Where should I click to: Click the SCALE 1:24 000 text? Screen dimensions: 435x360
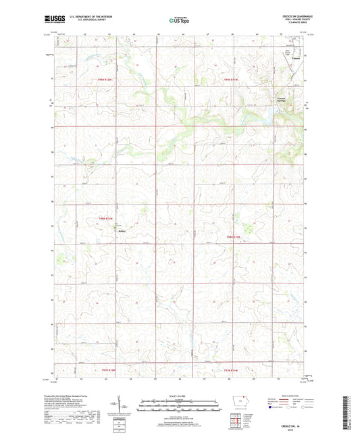pyautogui.click(x=180, y=396)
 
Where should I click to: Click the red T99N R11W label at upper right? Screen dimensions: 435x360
pyautogui.click(x=232, y=79)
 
